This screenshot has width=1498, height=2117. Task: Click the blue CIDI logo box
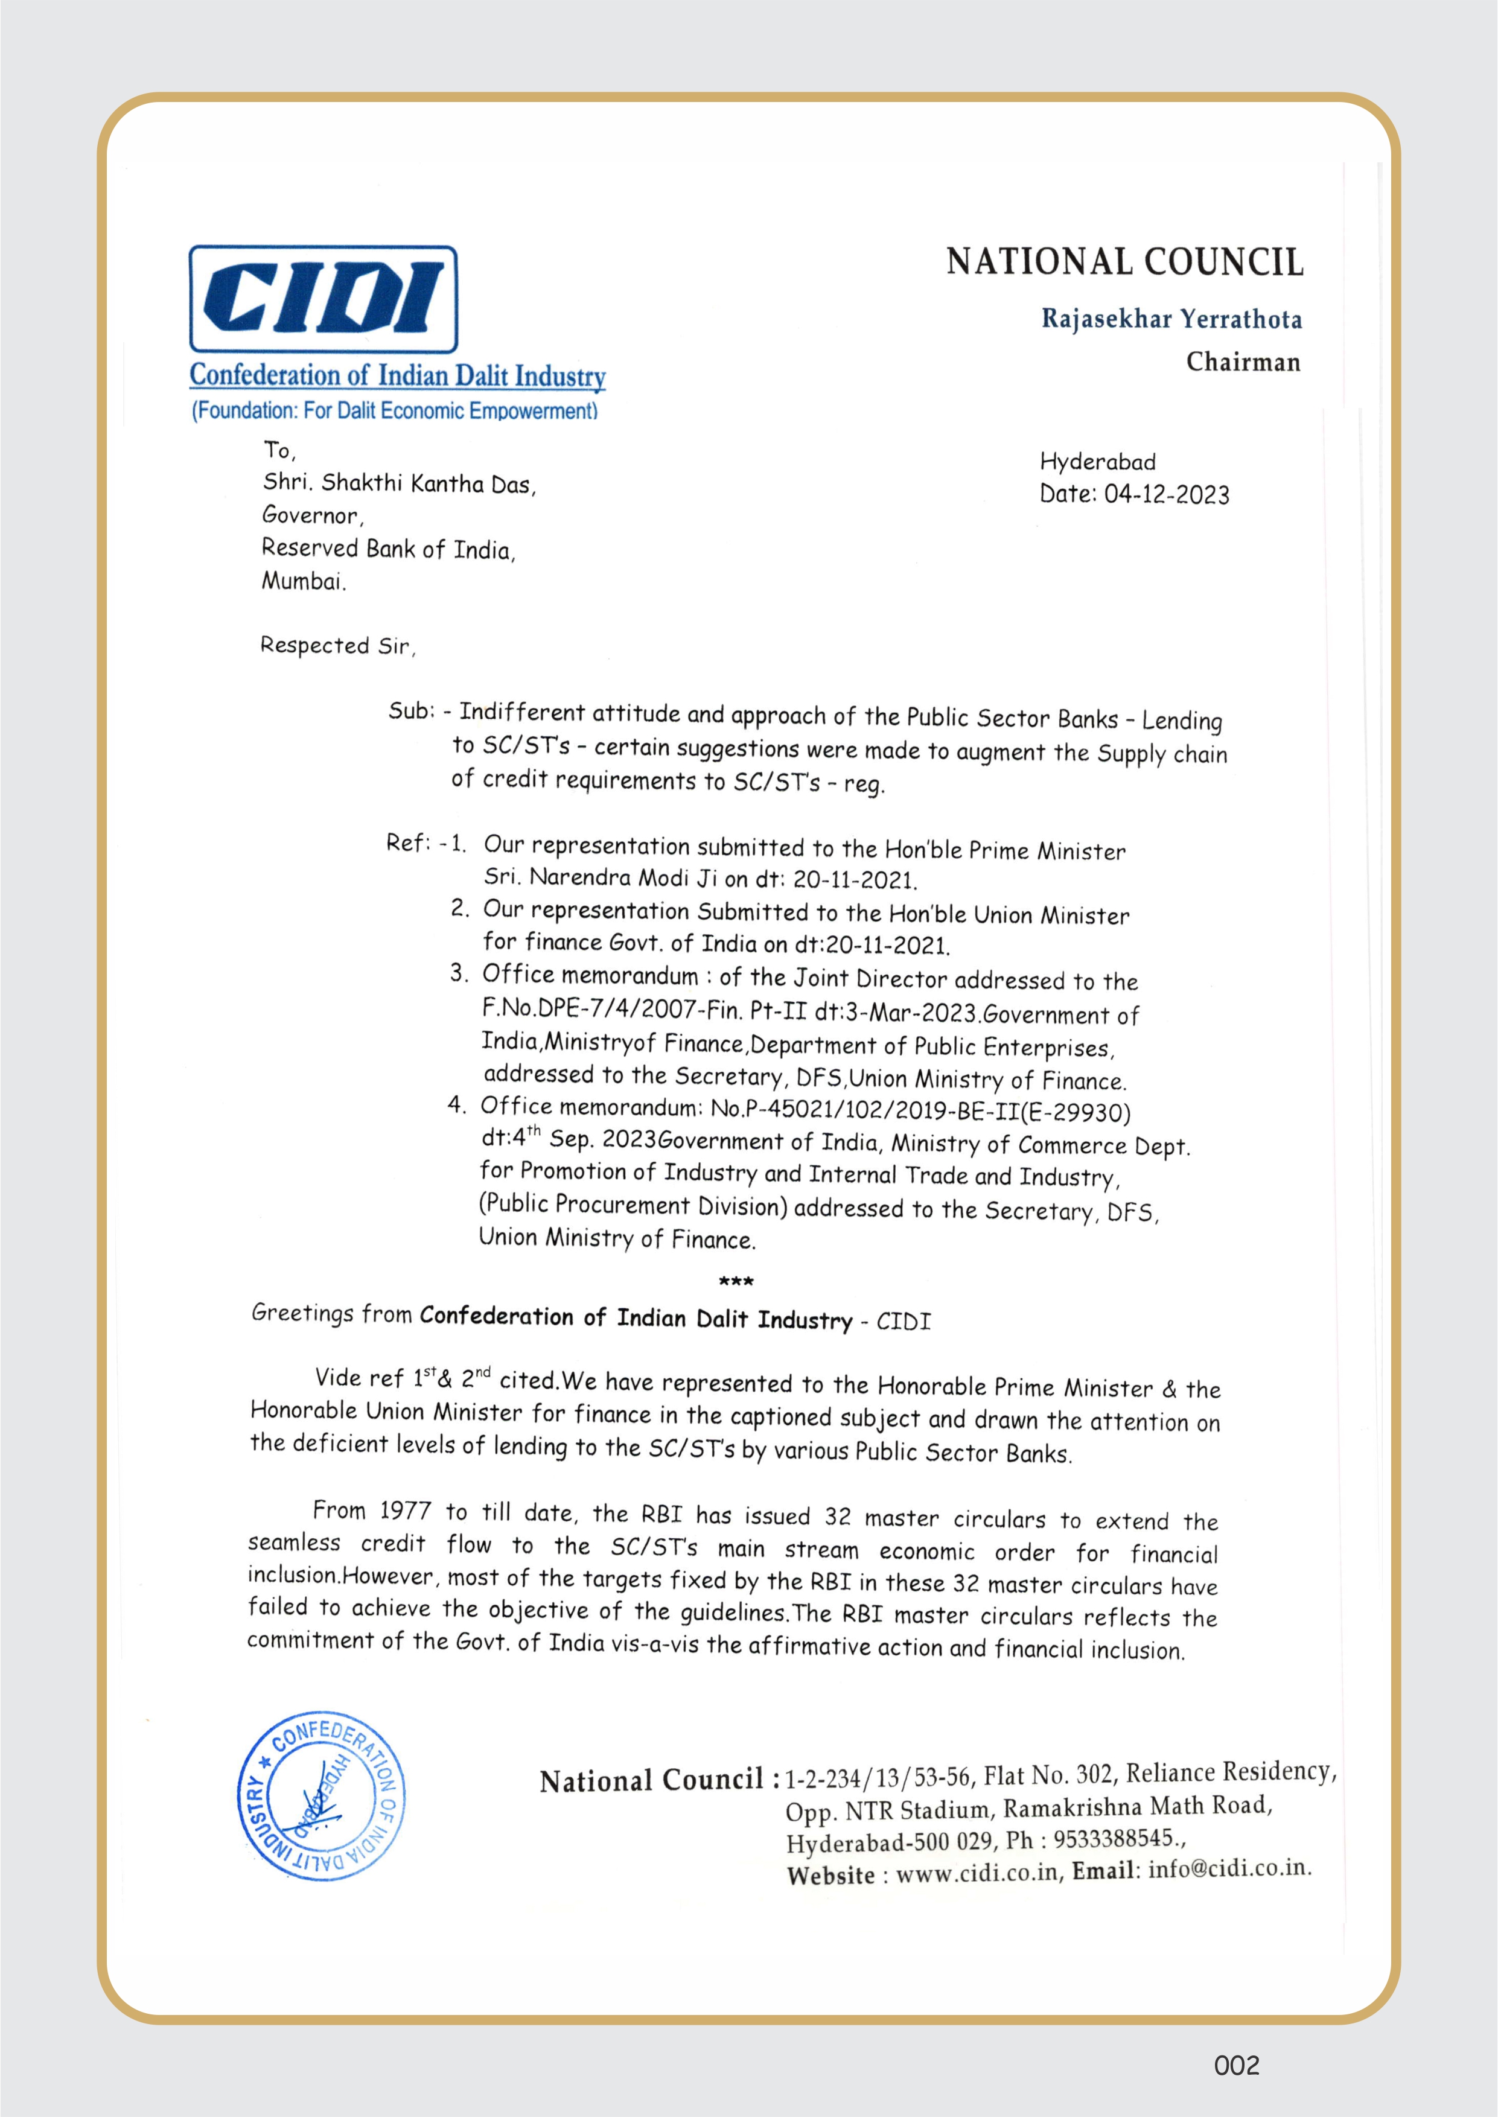pos(323,299)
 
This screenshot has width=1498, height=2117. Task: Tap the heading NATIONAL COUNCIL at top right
pos(1124,263)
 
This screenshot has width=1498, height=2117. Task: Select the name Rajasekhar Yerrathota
pos(1171,319)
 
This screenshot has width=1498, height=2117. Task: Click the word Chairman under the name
pos(1243,361)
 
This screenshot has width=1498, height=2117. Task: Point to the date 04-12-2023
pos(1166,495)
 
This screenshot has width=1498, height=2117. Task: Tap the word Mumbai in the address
pos(302,581)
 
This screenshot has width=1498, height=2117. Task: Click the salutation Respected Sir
pos(337,646)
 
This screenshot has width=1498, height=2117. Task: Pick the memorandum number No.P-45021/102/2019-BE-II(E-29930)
pos(920,1111)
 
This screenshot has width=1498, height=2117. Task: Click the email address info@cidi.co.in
pos(1229,1868)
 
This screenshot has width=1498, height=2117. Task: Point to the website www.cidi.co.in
pos(977,1873)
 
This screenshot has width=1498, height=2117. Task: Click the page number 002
pos(1236,2065)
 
